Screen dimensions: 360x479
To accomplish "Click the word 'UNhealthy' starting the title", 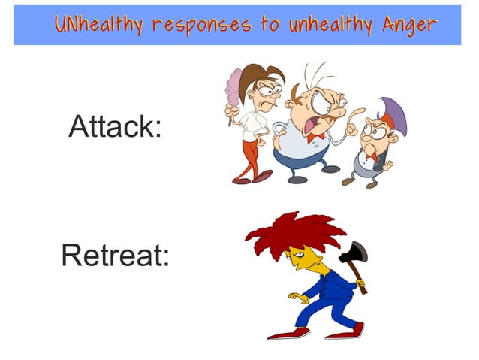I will (x=98, y=25).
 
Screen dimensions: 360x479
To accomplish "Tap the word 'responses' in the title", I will (x=200, y=25).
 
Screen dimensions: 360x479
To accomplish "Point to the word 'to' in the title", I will (x=270, y=25).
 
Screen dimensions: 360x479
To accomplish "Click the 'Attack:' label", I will (x=115, y=126).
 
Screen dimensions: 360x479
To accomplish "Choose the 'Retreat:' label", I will (x=115, y=256).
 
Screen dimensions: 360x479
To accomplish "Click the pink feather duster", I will (x=233, y=85).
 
